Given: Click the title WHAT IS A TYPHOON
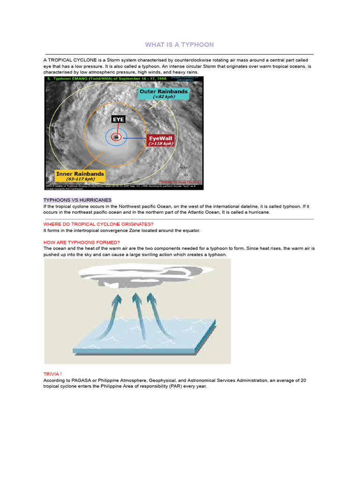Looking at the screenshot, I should [179, 45].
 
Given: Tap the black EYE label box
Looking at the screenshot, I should [118, 120].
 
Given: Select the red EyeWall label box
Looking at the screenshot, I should [161, 141].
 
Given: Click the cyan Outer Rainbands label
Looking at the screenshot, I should [164, 94].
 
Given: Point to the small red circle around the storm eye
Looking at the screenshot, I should [116, 137].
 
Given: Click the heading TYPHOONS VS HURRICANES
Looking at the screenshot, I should [77, 200].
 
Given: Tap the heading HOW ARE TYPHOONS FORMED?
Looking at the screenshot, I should [82, 242].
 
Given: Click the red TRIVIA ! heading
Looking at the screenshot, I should [52, 374].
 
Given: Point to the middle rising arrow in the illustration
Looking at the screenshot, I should [136, 309].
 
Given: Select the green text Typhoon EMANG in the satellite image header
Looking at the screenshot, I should [75, 79].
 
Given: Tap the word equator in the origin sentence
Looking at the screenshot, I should [190, 231].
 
